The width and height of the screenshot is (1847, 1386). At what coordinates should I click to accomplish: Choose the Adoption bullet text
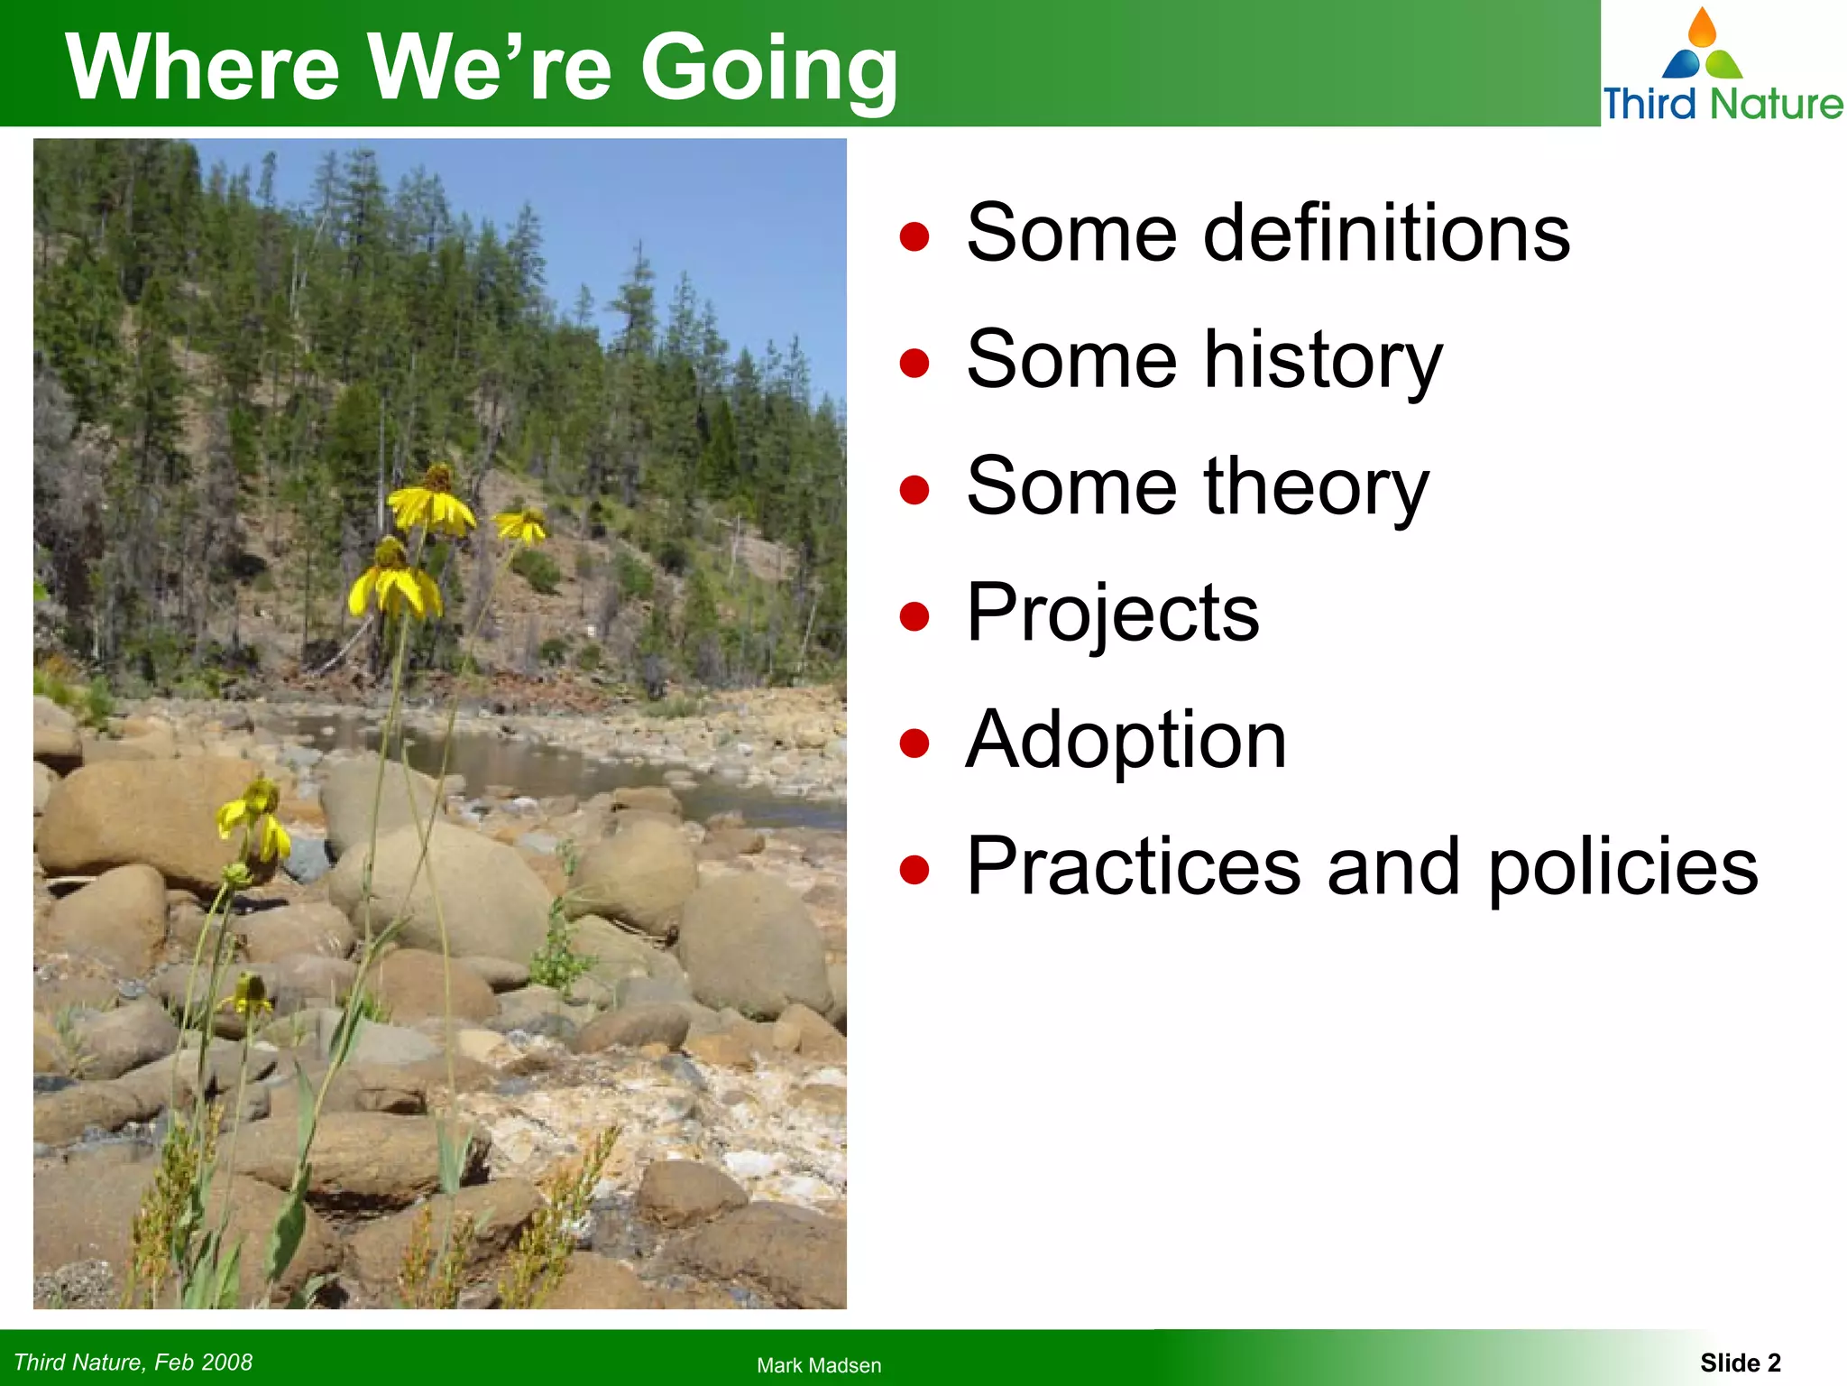(1126, 740)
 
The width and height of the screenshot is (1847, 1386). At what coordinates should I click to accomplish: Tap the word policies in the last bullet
(1622, 868)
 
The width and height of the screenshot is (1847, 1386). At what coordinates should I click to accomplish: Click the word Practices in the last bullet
(1134, 866)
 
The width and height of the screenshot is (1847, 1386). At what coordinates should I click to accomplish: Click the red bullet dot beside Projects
(914, 618)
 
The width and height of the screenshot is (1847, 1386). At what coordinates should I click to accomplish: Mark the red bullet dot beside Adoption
(914, 744)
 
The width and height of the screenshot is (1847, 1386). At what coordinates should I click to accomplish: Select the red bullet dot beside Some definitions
(914, 236)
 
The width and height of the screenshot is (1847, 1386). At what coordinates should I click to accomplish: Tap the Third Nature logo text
(1723, 103)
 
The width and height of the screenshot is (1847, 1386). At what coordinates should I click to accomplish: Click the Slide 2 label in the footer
(1741, 1363)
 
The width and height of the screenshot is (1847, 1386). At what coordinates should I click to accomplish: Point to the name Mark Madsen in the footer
(819, 1365)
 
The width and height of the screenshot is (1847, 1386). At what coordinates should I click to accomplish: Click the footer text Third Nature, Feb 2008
(133, 1363)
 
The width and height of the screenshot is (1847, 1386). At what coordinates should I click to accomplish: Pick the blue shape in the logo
(1680, 65)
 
